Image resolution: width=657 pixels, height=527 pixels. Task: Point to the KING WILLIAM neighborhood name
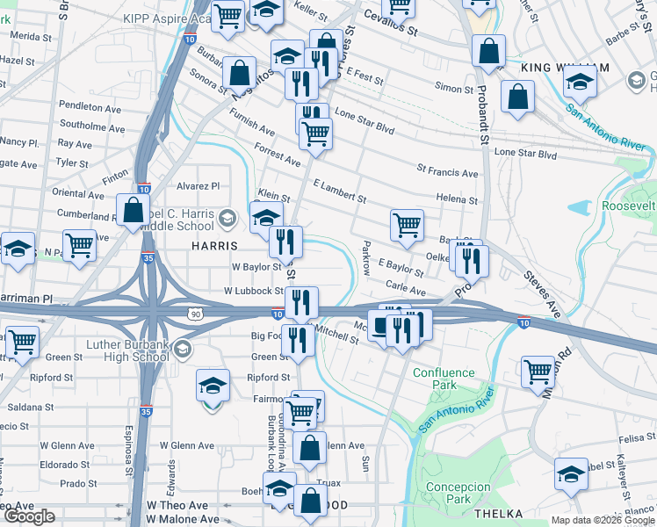click(x=564, y=68)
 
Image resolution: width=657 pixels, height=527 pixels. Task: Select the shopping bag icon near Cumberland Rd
click(x=133, y=212)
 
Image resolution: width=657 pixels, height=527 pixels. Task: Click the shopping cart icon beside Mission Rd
click(x=538, y=371)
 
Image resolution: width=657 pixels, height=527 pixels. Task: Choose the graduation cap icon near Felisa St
click(x=571, y=474)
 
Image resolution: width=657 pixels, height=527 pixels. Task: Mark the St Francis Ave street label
click(x=447, y=172)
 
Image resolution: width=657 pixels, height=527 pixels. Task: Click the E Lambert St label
click(x=339, y=191)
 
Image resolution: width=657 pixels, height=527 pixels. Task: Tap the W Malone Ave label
click(x=177, y=520)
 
